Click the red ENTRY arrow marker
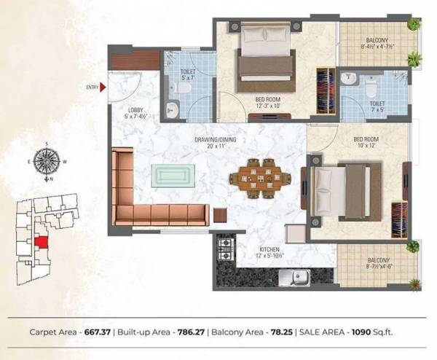(x=105, y=87)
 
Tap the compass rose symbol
(x=49, y=161)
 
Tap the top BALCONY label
(x=377, y=41)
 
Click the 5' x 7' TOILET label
(x=187, y=74)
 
